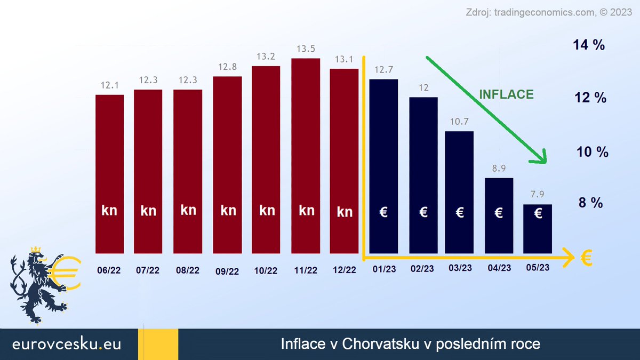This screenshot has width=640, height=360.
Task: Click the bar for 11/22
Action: [x=306, y=155]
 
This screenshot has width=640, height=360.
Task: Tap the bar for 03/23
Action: [x=459, y=192]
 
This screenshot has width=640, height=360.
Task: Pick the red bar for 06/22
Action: [x=109, y=173]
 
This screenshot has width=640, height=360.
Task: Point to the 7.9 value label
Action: [x=538, y=195]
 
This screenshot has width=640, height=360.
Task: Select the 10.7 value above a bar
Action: [x=459, y=122]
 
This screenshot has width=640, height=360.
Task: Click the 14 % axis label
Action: [x=589, y=45]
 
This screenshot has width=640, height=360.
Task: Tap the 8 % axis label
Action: [x=590, y=203]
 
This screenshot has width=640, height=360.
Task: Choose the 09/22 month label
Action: [x=227, y=271]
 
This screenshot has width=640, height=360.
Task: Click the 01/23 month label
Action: [x=383, y=270]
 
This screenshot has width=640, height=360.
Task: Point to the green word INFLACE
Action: [x=506, y=94]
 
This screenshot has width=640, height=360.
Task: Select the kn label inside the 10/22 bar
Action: [x=267, y=210]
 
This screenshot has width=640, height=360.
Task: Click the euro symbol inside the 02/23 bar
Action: [x=423, y=212]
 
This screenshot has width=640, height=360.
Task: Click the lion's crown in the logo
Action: [x=36, y=250]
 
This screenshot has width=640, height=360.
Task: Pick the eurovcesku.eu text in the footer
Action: [x=67, y=344]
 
